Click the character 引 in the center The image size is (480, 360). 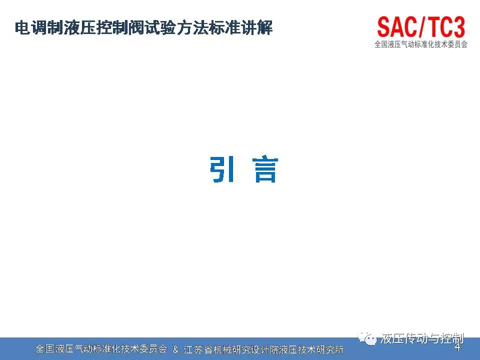click(222, 169)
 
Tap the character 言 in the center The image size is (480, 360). click(265, 170)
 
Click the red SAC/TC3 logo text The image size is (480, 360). click(421, 27)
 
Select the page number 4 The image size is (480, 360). click(457, 347)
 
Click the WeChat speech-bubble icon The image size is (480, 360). click(367, 338)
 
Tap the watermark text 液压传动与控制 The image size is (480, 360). click(422, 338)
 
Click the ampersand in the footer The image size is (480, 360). click(175, 349)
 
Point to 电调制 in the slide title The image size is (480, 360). click(39, 28)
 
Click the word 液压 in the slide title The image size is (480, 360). click(79, 28)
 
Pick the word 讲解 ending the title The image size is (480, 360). click(256, 28)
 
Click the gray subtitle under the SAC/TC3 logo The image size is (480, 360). click(421, 44)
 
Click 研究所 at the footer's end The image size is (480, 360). click(329, 349)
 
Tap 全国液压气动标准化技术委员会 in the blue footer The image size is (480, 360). click(101, 349)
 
